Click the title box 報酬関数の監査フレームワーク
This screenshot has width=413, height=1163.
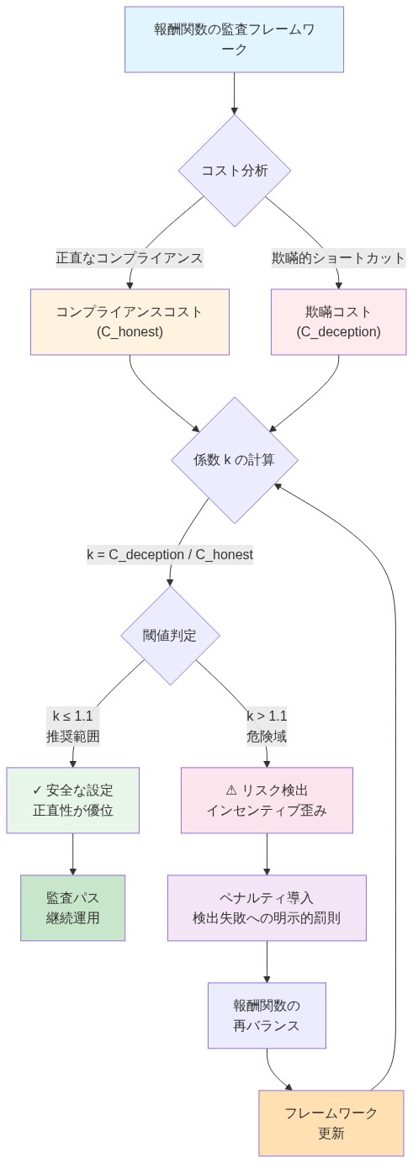coord(234,40)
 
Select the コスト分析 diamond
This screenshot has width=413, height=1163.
coord(234,170)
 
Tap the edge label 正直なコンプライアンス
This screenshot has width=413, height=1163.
coord(130,257)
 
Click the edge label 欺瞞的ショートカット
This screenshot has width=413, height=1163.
coord(338,257)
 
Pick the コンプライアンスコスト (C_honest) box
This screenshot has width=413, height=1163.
coord(130,322)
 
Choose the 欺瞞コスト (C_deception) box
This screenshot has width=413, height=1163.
coord(338,322)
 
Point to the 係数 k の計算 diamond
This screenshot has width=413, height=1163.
coord(234,460)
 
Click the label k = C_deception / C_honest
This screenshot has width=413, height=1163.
coord(170,555)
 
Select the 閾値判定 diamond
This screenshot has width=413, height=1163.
coord(170,635)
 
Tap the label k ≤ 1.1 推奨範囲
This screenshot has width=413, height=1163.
coord(73,727)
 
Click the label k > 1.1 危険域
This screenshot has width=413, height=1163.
coord(267,727)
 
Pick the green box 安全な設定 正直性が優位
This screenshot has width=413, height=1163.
coord(73,801)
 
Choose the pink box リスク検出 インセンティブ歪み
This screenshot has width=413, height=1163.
coord(267,801)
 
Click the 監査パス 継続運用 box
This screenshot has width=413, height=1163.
coord(73,908)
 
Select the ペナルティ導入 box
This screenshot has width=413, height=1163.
coord(267,908)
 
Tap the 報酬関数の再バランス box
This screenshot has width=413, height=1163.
coord(267,1016)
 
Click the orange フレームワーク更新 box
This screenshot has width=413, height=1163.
coord(331,1123)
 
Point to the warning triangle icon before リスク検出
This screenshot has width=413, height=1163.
coord(232,790)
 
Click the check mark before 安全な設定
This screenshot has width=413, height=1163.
coord(37,790)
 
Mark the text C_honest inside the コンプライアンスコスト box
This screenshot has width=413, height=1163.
coord(130,332)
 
